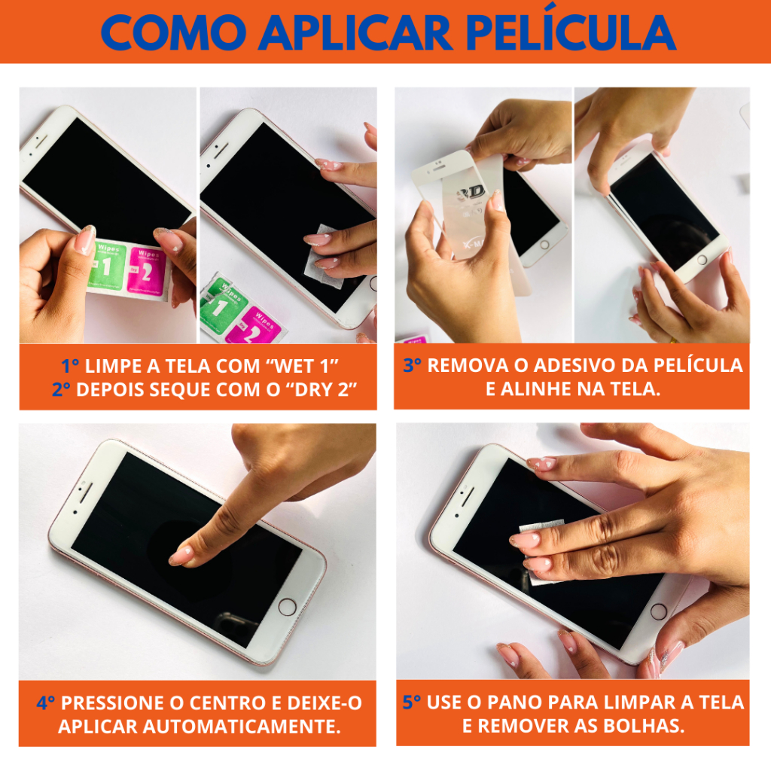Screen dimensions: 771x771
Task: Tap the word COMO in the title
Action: pos(173,32)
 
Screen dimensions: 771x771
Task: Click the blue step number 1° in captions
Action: pos(70,366)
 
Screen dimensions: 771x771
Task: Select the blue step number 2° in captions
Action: pos(61,389)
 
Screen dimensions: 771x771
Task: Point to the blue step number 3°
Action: pos(412,365)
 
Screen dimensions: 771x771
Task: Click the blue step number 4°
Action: pos(46,702)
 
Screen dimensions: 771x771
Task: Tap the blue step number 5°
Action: pos(412,702)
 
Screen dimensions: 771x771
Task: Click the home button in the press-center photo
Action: pos(287,607)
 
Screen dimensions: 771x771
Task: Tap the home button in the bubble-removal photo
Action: pos(658,611)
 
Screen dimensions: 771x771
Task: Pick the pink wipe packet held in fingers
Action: pos(147,272)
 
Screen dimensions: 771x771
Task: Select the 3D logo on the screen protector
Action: pos(471,193)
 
